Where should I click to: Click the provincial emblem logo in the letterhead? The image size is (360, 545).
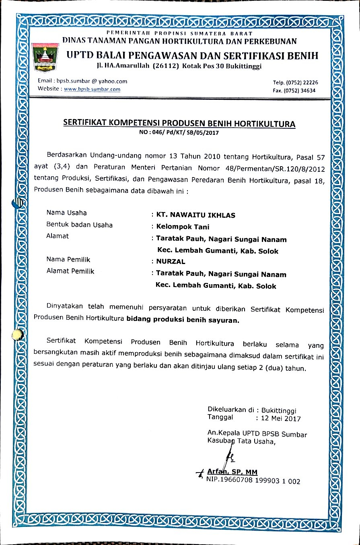[x=44, y=57]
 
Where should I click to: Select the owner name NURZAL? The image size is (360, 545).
[x=171, y=261]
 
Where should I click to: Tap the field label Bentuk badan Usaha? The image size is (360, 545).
[x=80, y=225]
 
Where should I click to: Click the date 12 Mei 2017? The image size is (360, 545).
[x=281, y=418]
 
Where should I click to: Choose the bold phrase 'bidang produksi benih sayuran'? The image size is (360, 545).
[x=183, y=321]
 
